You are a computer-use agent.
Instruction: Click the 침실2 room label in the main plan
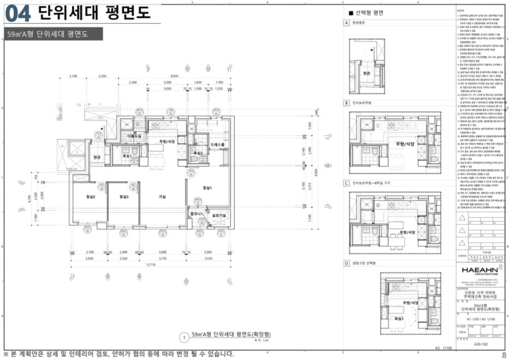91,196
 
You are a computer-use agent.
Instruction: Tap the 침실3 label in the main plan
124,196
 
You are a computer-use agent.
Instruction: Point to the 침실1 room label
207,188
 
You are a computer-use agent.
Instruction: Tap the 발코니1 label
197,214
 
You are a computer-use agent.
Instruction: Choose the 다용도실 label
135,136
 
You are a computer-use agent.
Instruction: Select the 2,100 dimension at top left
73,76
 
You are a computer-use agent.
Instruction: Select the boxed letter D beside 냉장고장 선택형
346,263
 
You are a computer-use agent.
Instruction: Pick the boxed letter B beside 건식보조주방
346,103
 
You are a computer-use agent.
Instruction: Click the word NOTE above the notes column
461,10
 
